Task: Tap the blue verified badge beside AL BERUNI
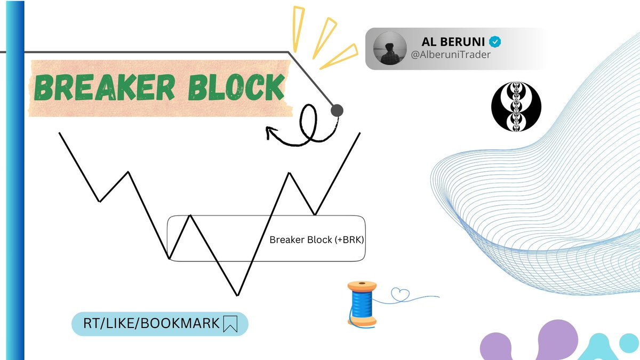pos(495,41)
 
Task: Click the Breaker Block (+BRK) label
pos(316,240)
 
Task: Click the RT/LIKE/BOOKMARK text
pos(151,323)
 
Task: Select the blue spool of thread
pos(362,305)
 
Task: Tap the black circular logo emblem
pos(516,105)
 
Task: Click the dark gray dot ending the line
pos(337,110)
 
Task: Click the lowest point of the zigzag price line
pos(237,294)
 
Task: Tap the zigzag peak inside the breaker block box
pos(190,215)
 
